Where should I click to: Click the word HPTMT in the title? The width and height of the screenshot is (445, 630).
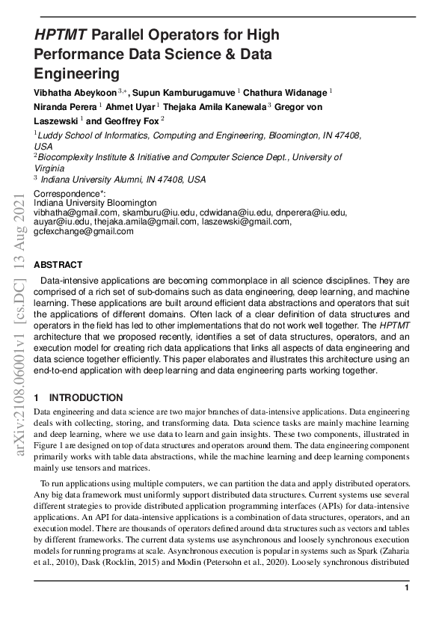click(61, 35)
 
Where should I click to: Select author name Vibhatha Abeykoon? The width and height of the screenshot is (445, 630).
click(75, 91)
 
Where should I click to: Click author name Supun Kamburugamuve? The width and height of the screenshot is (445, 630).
click(184, 91)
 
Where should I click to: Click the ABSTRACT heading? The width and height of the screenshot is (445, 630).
click(58, 265)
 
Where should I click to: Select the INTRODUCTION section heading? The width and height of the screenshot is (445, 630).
click(86, 398)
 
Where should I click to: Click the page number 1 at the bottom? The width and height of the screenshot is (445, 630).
click(406, 589)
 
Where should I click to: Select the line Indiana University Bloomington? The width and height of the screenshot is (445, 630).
click(96, 203)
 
